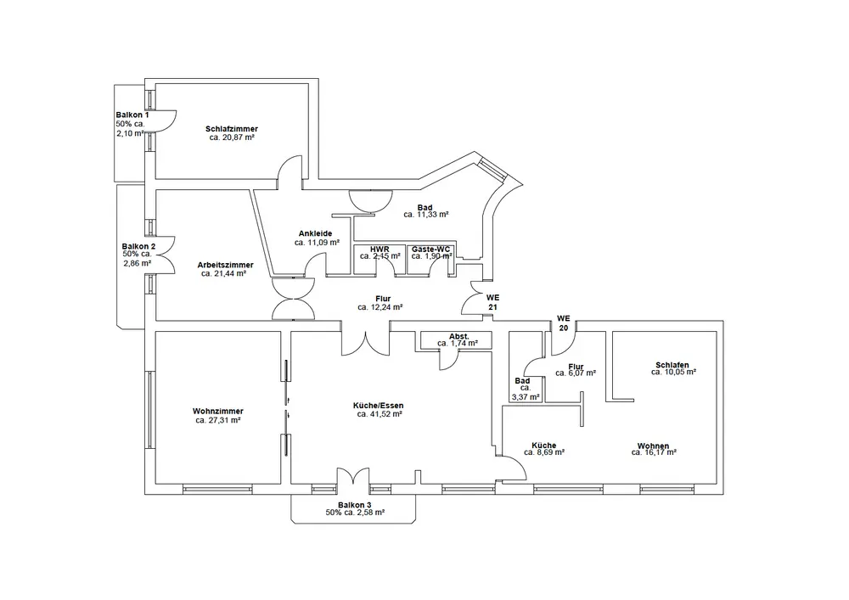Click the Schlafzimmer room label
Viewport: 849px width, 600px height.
pos(232,129)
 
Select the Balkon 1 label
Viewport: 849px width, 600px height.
pos(132,115)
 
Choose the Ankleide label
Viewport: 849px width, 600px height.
pos(314,233)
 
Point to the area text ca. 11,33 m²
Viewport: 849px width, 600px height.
pos(426,215)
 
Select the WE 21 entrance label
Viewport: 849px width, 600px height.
pos(493,302)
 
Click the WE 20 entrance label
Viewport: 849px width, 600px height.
pos(563,323)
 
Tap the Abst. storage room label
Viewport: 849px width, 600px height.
pos(458,336)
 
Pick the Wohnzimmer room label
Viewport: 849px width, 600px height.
pos(218,411)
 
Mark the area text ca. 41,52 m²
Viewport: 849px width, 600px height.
pos(380,415)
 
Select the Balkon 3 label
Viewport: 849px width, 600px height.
pos(355,504)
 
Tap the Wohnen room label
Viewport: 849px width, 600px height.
pos(654,445)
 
